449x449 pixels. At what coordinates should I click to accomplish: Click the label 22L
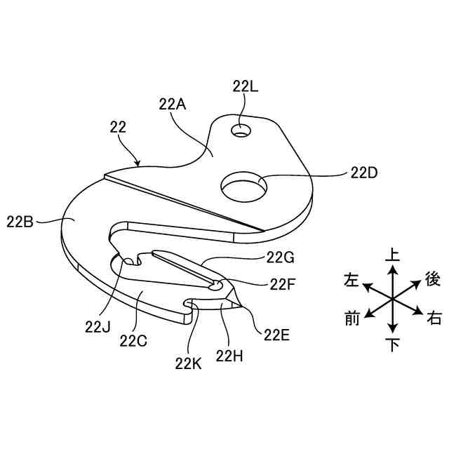(x=245, y=87)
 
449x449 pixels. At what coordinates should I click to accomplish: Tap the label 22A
(x=172, y=105)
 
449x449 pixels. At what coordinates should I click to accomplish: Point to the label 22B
(x=20, y=222)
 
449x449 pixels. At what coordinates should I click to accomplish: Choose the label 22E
(x=277, y=335)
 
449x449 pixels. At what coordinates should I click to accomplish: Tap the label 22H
(x=229, y=356)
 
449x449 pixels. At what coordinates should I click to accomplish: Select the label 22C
(x=133, y=341)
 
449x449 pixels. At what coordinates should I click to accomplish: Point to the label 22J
(x=98, y=326)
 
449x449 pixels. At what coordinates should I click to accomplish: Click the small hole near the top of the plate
(x=242, y=130)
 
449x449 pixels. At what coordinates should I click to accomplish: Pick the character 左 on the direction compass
(x=351, y=281)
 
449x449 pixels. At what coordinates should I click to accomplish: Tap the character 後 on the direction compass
(x=433, y=280)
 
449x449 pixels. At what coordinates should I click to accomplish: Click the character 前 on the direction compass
(x=352, y=319)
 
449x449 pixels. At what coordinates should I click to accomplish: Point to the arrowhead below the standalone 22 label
(x=139, y=163)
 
